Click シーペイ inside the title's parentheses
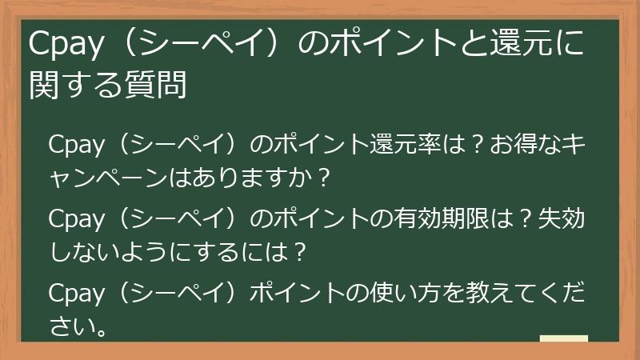click(x=196, y=46)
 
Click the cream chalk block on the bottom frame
click(x=563, y=340)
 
